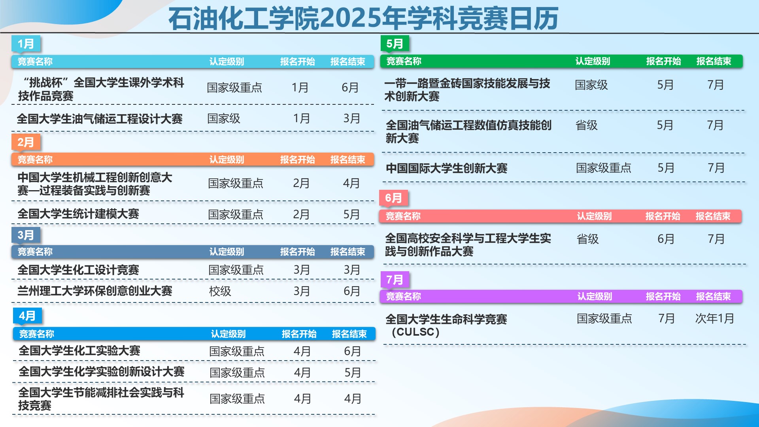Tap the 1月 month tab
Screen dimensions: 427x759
tap(26, 43)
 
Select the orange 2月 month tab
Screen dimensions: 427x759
tap(26, 142)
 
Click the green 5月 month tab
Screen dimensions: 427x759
tap(395, 43)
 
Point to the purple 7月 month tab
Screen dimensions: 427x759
tap(395, 280)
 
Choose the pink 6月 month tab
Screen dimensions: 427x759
tap(393, 198)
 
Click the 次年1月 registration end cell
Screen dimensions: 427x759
tap(714, 318)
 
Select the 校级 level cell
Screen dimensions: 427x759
tap(220, 291)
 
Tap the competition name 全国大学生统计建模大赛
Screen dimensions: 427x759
tap(78, 214)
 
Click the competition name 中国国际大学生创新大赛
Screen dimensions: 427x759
tap(446, 168)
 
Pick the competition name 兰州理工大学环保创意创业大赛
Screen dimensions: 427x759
tap(95, 291)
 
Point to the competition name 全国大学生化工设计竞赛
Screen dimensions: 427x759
tap(78, 270)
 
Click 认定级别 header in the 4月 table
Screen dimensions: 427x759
tap(228, 334)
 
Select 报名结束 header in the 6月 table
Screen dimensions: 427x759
tap(713, 216)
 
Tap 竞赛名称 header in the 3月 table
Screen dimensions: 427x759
tap(35, 252)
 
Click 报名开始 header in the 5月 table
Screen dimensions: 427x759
tap(663, 61)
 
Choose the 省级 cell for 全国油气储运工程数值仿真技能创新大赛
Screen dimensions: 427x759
tap(586, 125)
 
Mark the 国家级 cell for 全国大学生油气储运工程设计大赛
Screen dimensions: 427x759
tap(224, 118)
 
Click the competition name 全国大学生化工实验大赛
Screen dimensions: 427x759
tap(79, 351)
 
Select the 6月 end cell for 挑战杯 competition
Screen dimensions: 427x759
tap(350, 87)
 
